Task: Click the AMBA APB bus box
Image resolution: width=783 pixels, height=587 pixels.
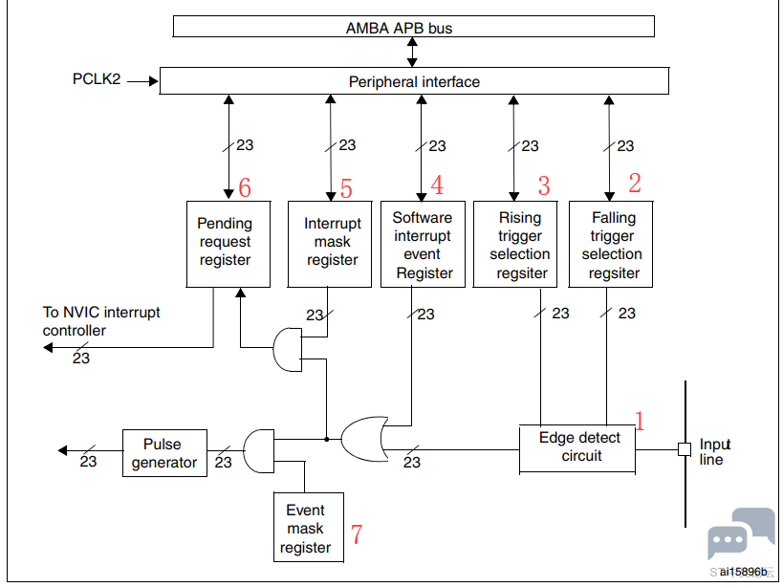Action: (412, 27)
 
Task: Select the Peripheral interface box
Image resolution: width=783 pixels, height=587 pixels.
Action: (413, 81)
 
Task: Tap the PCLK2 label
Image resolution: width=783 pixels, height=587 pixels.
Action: (97, 80)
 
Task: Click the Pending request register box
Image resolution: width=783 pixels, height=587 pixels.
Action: (225, 244)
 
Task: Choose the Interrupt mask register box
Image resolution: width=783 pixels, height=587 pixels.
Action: (330, 244)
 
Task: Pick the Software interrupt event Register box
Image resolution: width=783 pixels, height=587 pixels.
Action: (423, 244)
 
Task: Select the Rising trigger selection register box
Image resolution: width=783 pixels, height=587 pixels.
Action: (519, 244)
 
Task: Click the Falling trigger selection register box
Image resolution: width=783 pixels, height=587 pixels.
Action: (613, 244)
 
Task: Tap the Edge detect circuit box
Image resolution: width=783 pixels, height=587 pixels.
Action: (578, 447)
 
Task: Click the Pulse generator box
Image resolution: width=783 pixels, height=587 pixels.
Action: (162, 452)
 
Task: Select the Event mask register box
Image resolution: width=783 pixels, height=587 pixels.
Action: (304, 529)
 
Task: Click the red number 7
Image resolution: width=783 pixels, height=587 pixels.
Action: (357, 534)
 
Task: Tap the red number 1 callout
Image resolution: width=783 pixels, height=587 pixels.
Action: (640, 420)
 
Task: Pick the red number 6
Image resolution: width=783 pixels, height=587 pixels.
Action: (245, 187)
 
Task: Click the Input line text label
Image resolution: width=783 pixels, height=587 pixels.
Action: (714, 451)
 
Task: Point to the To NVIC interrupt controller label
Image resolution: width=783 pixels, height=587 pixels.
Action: (101, 321)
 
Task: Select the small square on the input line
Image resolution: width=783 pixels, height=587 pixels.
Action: (685, 448)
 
